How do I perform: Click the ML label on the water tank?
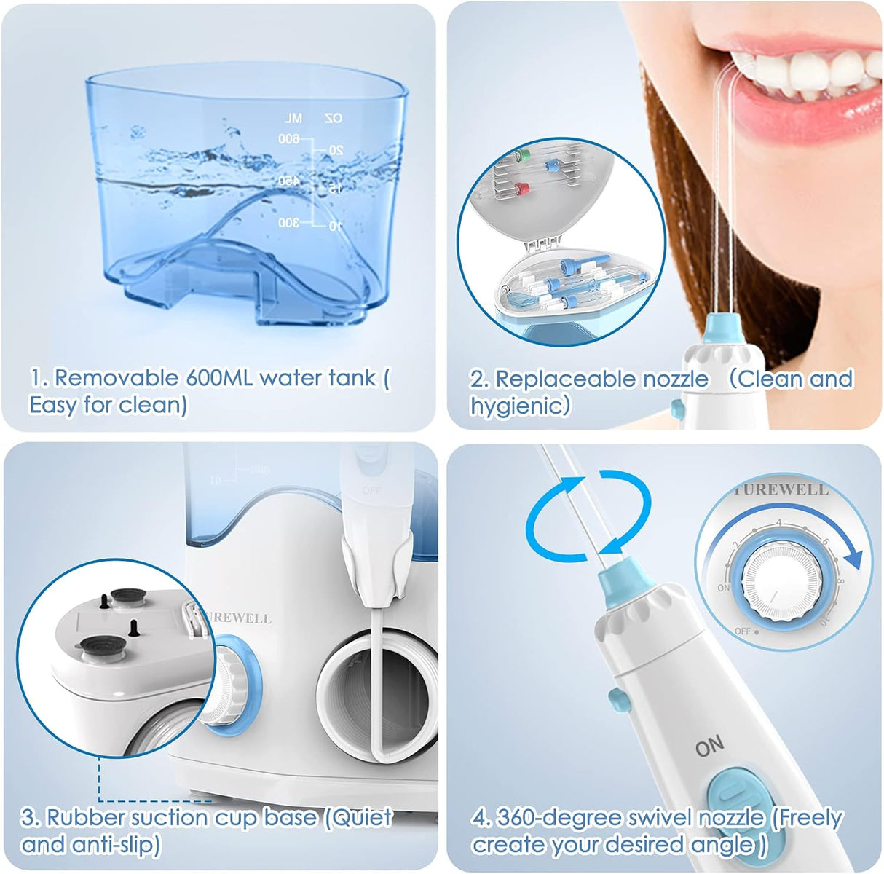point(293,118)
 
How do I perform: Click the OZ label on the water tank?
point(332,118)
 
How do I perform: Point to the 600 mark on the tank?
point(288,138)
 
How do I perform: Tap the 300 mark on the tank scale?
point(288,222)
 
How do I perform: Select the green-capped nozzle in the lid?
point(520,154)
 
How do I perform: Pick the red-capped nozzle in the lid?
point(520,189)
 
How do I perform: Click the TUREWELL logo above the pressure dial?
point(781,490)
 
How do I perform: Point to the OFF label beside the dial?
point(743,631)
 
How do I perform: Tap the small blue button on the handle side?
point(618,700)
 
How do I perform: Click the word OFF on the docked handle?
point(372,491)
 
